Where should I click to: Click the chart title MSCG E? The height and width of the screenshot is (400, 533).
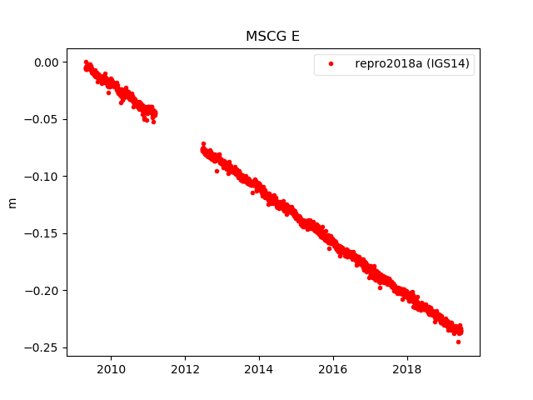point(272,37)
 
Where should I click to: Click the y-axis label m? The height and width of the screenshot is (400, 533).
point(12,202)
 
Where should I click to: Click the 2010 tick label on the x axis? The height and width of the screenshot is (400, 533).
point(112,369)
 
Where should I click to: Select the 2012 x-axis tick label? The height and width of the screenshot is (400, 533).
point(185,369)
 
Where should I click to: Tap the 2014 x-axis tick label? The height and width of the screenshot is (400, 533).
point(259,369)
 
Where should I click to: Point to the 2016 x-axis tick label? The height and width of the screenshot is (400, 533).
point(333,369)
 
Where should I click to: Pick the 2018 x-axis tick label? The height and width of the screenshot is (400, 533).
point(406,369)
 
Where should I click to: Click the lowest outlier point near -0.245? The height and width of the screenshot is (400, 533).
point(458,342)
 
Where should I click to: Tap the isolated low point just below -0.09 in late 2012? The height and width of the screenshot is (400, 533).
point(217,171)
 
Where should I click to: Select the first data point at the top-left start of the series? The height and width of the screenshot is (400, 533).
point(86,62)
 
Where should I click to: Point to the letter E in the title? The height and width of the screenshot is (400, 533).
point(294,37)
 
